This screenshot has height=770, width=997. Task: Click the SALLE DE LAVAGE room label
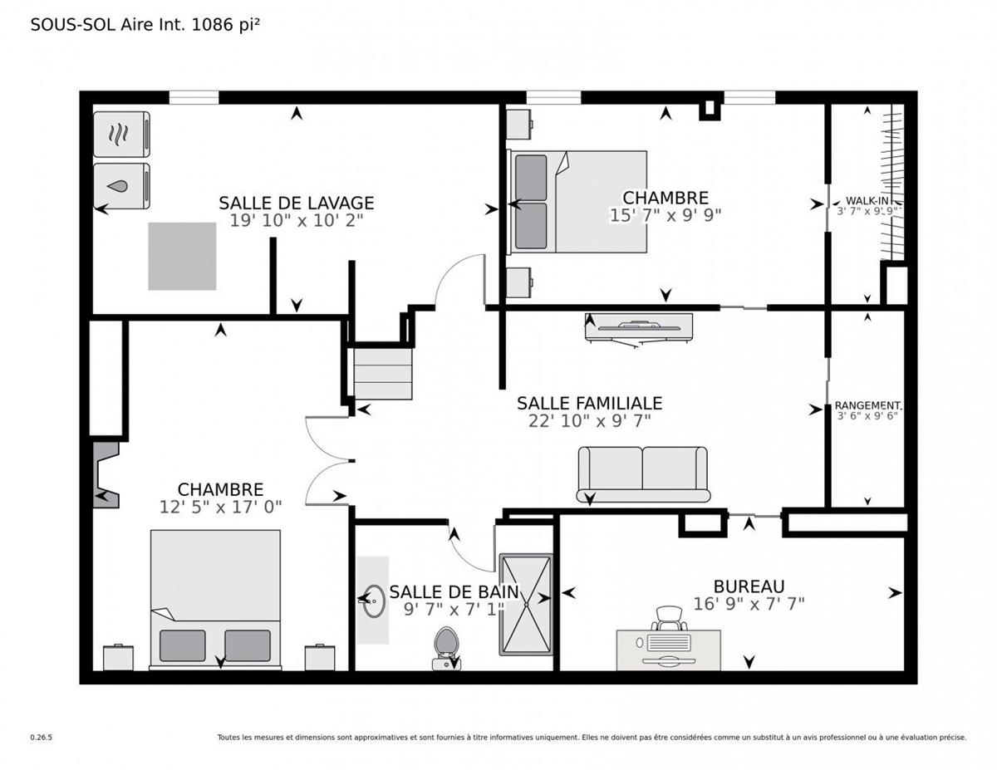click(296, 203)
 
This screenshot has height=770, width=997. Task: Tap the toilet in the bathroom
click(446, 646)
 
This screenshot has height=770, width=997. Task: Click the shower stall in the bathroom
click(525, 604)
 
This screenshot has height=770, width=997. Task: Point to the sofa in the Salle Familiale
click(643, 473)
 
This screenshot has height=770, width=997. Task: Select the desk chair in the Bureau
click(670, 618)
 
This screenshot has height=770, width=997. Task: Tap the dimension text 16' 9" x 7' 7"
click(749, 604)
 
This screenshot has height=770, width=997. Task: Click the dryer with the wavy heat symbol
click(121, 134)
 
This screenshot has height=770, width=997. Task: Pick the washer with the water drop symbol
click(121, 186)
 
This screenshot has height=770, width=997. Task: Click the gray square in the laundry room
click(182, 256)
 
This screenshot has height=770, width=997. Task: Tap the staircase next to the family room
click(382, 374)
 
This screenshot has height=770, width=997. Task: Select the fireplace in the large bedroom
click(105, 475)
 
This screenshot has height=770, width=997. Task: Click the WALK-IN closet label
click(869, 200)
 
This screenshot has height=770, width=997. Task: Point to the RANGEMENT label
click(868, 405)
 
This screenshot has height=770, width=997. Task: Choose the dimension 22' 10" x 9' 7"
click(589, 421)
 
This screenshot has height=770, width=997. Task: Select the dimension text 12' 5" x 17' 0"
click(220, 507)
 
